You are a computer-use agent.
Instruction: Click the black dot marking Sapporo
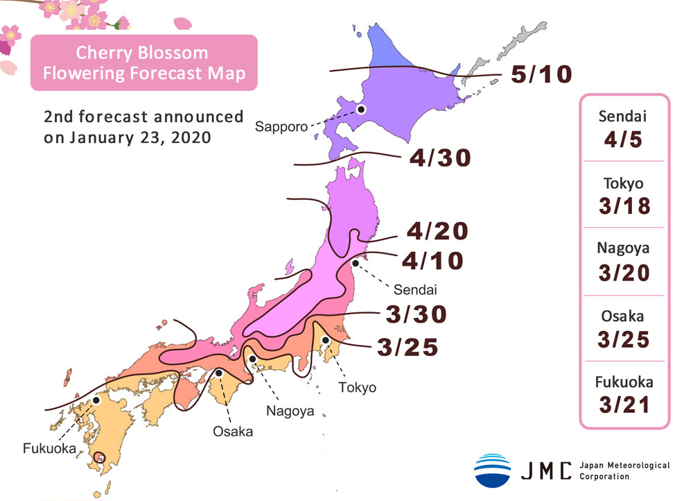[360, 109]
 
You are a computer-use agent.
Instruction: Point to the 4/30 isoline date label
[440, 158]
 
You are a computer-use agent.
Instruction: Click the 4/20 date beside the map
[437, 230]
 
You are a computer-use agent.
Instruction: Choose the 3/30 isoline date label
[415, 314]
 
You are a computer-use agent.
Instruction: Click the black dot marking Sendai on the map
[355, 263]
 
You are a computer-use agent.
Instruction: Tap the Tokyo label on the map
[358, 387]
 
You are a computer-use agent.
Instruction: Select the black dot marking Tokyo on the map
[325, 340]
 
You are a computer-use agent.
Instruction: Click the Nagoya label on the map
[290, 411]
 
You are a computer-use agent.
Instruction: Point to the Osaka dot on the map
[219, 373]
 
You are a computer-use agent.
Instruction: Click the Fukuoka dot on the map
[97, 400]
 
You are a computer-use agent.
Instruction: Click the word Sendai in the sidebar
[624, 116]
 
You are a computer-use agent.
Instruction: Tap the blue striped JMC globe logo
[492, 470]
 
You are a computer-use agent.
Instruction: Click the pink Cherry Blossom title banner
[143, 62]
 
